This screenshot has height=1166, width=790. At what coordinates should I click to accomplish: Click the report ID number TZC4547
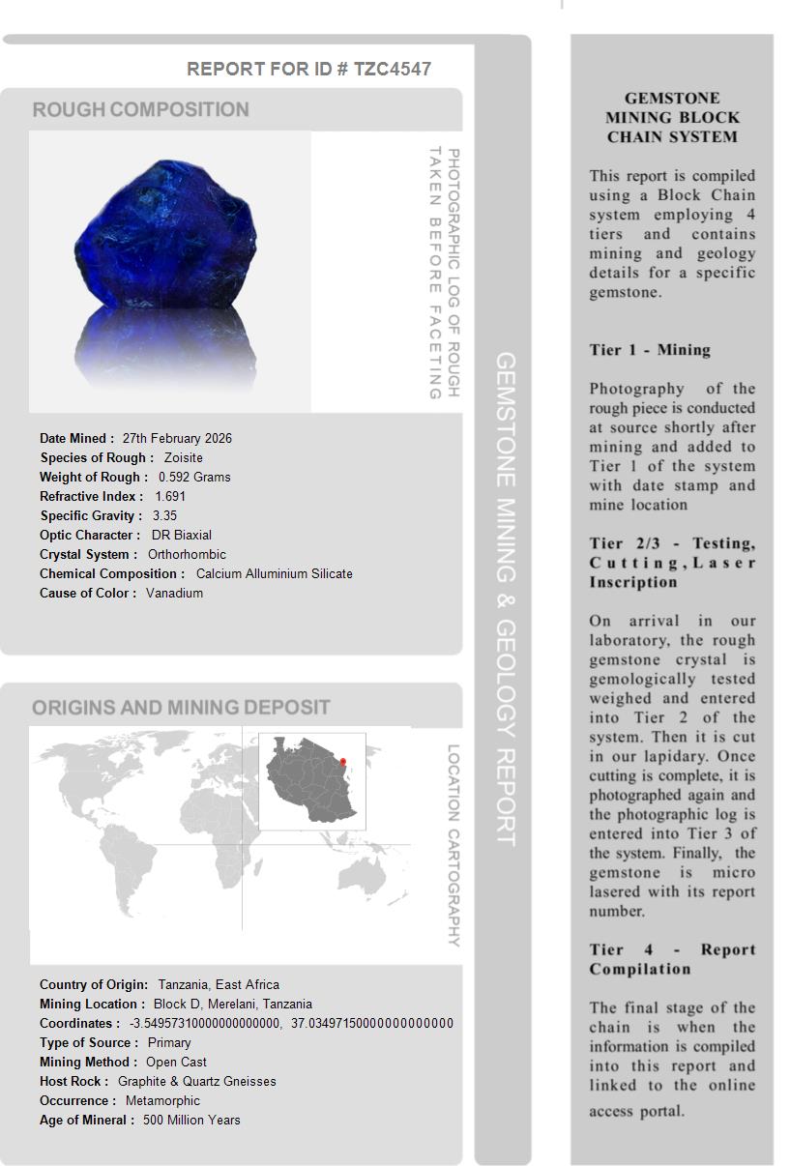pyautogui.click(x=393, y=69)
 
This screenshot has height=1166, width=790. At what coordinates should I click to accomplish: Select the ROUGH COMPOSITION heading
pyautogui.click(x=140, y=110)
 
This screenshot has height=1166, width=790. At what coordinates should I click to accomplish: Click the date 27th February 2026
pyautogui.click(x=177, y=438)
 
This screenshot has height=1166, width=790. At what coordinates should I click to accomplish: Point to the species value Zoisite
pyautogui.click(x=183, y=457)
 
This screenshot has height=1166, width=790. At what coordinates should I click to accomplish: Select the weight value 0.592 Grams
pyautogui.click(x=194, y=477)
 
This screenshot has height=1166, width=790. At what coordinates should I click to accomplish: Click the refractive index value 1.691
pyautogui.click(x=170, y=496)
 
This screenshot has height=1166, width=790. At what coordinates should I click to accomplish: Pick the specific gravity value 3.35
pyautogui.click(x=164, y=515)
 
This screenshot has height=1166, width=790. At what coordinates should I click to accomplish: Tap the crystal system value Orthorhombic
pyautogui.click(x=187, y=554)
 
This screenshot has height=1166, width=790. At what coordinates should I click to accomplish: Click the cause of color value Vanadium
pyautogui.click(x=174, y=593)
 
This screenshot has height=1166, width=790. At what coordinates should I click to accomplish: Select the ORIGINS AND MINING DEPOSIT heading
pyautogui.click(x=181, y=708)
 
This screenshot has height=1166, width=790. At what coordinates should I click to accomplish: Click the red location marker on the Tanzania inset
pyautogui.click(x=343, y=762)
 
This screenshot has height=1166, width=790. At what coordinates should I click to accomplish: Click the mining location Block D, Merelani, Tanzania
pyautogui.click(x=232, y=1004)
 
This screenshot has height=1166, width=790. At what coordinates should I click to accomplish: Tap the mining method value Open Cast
pyautogui.click(x=176, y=1062)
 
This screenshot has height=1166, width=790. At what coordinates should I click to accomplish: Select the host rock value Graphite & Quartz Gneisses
pyautogui.click(x=196, y=1081)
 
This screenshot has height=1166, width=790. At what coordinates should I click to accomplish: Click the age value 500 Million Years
pyautogui.click(x=191, y=1120)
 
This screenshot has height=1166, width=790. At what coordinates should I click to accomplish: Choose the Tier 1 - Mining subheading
pyautogui.click(x=650, y=350)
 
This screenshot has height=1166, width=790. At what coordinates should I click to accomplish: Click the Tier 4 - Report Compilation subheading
pyautogui.click(x=672, y=959)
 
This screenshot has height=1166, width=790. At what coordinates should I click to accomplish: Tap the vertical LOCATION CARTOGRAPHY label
pyautogui.click(x=453, y=845)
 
